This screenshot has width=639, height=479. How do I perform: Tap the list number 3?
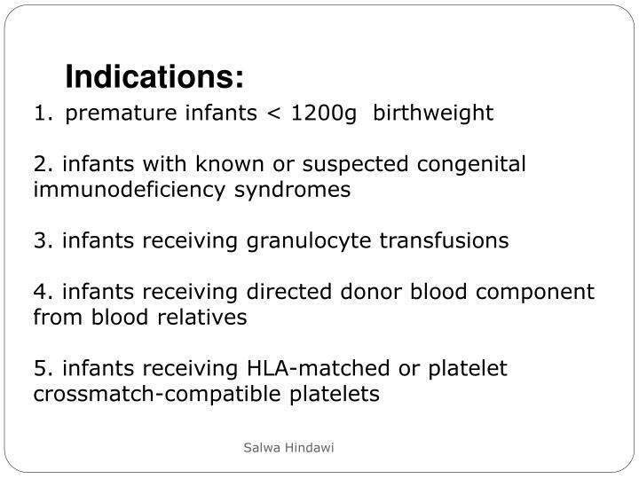(41, 241)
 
